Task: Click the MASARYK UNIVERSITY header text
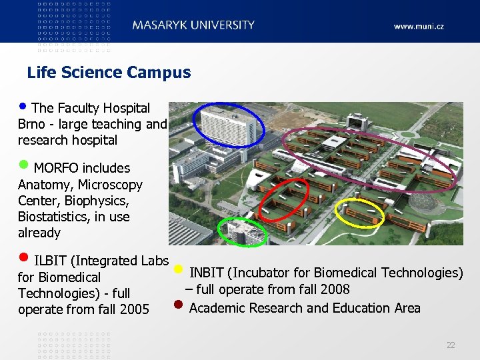pos(193,25)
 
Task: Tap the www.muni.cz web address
pos(419,27)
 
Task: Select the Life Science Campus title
pos(109,73)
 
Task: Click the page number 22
pos(451,345)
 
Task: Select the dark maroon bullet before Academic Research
pos(177,307)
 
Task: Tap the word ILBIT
pos(49,261)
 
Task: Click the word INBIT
pos(206,273)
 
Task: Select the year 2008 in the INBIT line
pos(335,289)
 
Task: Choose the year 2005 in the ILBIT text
pos(135,309)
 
